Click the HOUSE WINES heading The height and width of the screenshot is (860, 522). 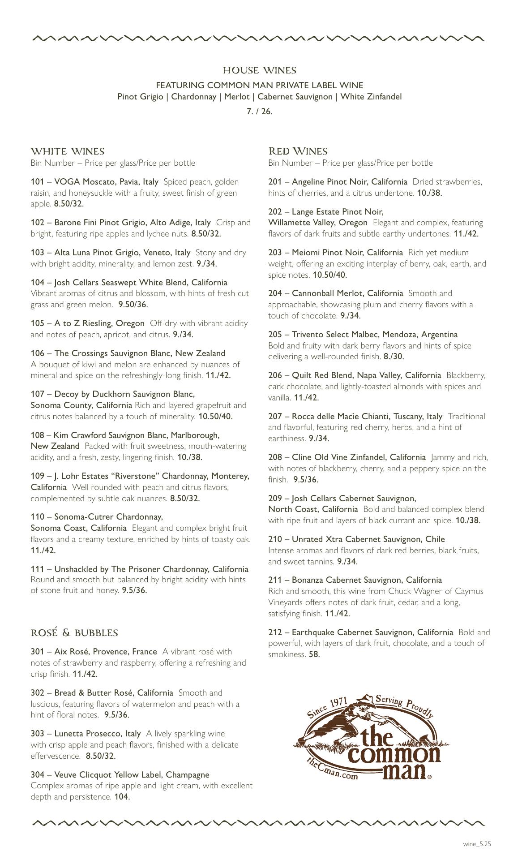(x=260, y=70)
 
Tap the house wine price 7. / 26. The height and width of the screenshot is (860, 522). (x=260, y=111)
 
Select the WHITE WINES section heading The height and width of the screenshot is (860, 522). (x=68, y=151)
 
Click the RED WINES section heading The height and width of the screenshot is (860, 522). (x=298, y=151)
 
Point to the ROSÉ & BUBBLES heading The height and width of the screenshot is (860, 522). (x=74, y=633)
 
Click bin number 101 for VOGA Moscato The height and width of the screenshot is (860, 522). (x=37, y=182)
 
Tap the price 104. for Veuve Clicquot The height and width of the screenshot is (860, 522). (x=122, y=796)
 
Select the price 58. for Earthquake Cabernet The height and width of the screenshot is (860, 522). (x=314, y=654)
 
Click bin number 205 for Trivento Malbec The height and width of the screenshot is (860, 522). (x=275, y=335)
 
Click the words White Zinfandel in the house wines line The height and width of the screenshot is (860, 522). (x=371, y=97)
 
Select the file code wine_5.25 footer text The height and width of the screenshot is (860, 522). (x=477, y=844)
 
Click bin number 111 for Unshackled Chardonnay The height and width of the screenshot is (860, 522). (x=37, y=569)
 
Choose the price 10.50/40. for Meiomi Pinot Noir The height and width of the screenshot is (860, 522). (x=330, y=275)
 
